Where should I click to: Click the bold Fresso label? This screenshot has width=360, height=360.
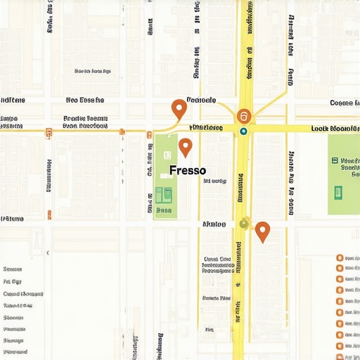(x=188, y=171)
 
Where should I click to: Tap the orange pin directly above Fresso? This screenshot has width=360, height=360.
(x=185, y=147)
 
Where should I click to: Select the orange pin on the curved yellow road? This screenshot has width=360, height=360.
(x=179, y=108)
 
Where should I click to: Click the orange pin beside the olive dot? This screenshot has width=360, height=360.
(x=262, y=230)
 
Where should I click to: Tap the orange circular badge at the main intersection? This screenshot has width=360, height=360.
(x=243, y=117)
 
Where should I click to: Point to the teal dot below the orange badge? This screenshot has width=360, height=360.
(x=243, y=131)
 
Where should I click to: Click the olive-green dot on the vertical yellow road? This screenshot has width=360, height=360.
(x=244, y=224)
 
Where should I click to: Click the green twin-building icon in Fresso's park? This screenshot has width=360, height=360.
(x=164, y=193)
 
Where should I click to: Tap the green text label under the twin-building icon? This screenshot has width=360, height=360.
(x=164, y=210)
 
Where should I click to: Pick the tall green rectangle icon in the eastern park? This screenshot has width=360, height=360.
(x=338, y=191)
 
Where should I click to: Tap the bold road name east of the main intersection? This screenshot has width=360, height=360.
(x=335, y=129)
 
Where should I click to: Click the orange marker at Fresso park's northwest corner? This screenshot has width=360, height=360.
(x=148, y=134)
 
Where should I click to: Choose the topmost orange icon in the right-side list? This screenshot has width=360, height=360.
(x=340, y=259)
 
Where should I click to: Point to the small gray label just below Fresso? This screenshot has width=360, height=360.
(x=214, y=181)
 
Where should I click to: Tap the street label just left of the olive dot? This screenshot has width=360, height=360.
(x=214, y=224)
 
